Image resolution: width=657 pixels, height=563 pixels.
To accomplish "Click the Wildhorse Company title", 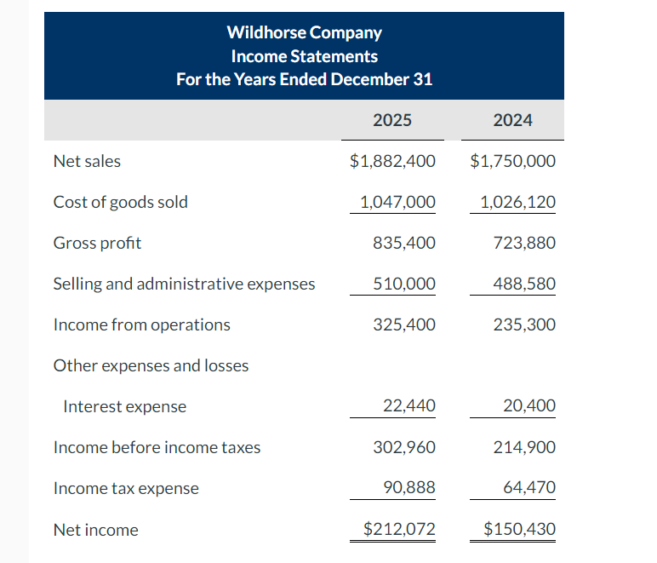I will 304,33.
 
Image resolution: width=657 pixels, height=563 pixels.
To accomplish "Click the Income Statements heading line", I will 304,56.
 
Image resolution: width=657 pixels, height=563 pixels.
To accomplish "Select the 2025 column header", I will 392,120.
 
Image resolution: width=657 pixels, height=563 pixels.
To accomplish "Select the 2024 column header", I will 512,120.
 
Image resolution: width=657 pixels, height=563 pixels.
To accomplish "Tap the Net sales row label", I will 87,161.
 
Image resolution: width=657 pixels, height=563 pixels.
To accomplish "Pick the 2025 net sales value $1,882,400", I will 392,161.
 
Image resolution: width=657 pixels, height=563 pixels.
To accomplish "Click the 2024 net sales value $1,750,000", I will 512,161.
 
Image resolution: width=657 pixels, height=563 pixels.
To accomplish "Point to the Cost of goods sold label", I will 120,202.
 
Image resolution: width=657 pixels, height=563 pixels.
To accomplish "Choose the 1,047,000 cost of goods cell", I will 397,202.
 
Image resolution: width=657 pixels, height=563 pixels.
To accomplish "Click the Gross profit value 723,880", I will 524,243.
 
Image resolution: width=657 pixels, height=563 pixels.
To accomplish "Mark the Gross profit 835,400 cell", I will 404,243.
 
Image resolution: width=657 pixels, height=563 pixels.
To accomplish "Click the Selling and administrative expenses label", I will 184,284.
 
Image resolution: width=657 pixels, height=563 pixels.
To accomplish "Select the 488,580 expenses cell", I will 524,284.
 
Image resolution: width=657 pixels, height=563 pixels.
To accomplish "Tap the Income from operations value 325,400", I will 404,325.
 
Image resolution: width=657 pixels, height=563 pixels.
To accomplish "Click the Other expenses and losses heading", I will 151,365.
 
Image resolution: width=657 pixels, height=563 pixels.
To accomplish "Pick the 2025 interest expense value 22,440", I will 408,406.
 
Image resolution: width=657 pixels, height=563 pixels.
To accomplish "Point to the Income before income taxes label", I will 157,447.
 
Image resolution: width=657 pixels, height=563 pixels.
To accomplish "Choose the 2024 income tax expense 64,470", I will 528,488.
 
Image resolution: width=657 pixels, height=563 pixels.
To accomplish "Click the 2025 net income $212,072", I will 399,529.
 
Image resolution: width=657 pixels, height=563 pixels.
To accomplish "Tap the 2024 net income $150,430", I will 519,529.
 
